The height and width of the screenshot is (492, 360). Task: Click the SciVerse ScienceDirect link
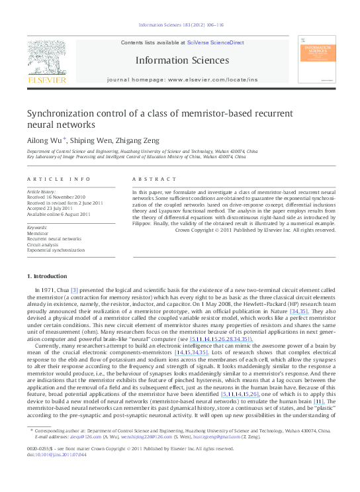(216, 42)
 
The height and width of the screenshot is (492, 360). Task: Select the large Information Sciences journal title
(182, 60)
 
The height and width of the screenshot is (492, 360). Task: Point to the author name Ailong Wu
(43, 140)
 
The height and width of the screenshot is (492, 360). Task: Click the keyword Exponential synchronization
(56, 250)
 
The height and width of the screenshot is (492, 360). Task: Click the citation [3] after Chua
(74, 290)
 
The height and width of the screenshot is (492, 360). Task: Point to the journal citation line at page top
(181, 25)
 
